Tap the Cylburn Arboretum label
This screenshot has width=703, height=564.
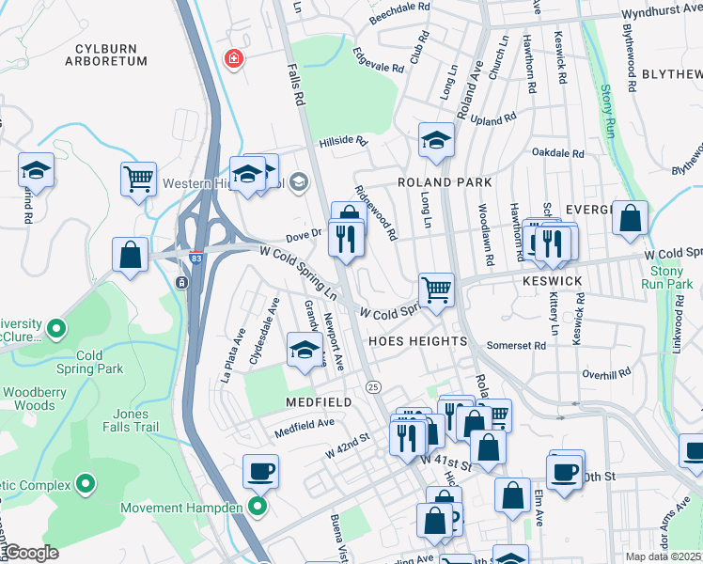click(x=106, y=54)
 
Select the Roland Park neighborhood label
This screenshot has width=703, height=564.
click(x=438, y=182)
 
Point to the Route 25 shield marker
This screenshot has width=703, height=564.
click(x=373, y=386)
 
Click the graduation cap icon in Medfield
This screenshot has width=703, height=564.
click(x=304, y=351)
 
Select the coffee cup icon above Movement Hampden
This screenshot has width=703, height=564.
click(x=260, y=470)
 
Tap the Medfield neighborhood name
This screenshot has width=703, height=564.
click(x=319, y=401)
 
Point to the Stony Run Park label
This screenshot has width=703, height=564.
click(x=666, y=276)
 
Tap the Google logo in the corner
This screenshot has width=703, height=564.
click(x=31, y=553)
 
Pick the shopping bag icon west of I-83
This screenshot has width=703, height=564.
click(x=130, y=255)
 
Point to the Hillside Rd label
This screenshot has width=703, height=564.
click(x=341, y=140)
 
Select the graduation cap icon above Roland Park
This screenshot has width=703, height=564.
click(x=435, y=140)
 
